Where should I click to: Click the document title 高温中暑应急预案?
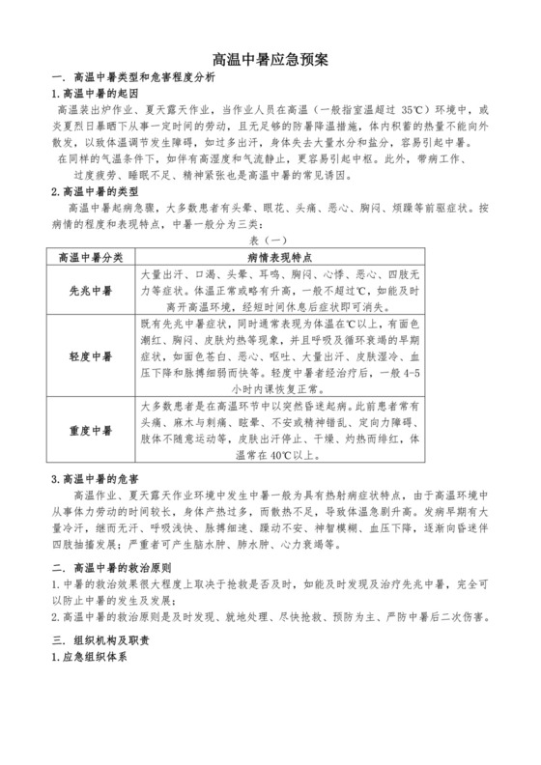click(270, 58)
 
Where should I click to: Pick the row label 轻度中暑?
click(90, 356)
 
